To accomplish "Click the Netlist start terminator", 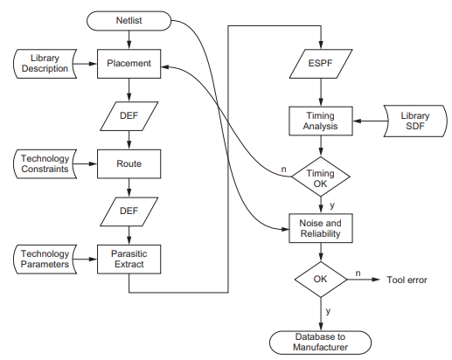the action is click(129, 21).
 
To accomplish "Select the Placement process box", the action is click(129, 64).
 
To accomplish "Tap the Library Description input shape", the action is click(45, 64).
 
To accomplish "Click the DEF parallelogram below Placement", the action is click(129, 116).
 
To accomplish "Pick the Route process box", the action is click(129, 163).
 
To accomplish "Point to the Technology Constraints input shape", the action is click(45, 163).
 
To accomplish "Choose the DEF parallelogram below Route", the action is click(129, 211).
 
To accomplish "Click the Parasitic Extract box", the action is click(129, 259).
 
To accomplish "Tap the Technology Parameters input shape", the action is click(45, 259).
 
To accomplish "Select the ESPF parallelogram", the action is click(321, 64).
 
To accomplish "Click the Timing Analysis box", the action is click(321, 121).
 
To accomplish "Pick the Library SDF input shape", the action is click(415, 121).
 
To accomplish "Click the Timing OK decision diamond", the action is click(321, 177).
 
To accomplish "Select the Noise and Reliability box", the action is click(321, 228).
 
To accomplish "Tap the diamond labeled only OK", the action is click(321, 280).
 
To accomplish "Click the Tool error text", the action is click(407, 280).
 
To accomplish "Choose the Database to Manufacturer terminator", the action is click(320, 343).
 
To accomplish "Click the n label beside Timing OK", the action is click(283, 169).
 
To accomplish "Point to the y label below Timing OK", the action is click(332, 205).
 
